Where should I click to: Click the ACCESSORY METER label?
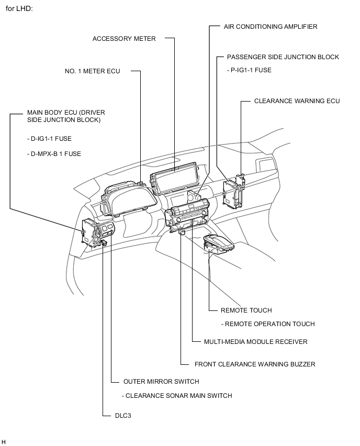click(x=124, y=39)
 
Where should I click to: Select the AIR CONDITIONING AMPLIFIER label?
click(x=271, y=27)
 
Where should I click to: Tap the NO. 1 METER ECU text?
click(x=93, y=71)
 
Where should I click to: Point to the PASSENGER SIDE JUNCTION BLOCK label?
click(x=283, y=57)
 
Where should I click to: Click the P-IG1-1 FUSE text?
click(x=249, y=70)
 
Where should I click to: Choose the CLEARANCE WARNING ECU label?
click(x=297, y=101)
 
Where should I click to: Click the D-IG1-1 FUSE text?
click(x=50, y=139)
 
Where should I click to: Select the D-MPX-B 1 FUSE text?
click(x=54, y=154)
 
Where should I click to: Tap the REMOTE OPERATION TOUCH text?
click(x=268, y=324)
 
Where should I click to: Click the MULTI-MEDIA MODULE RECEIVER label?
click(x=256, y=342)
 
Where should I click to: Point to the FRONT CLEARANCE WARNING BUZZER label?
click(x=255, y=364)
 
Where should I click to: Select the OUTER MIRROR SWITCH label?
click(x=161, y=382)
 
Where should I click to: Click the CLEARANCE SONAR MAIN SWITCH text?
click(x=177, y=396)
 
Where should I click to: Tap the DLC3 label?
click(x=123, y=416)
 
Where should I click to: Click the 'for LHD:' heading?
click(x=19, y=8)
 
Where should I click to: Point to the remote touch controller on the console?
click(x=219, y=244)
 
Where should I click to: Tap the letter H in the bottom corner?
click(x=4, y=442)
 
